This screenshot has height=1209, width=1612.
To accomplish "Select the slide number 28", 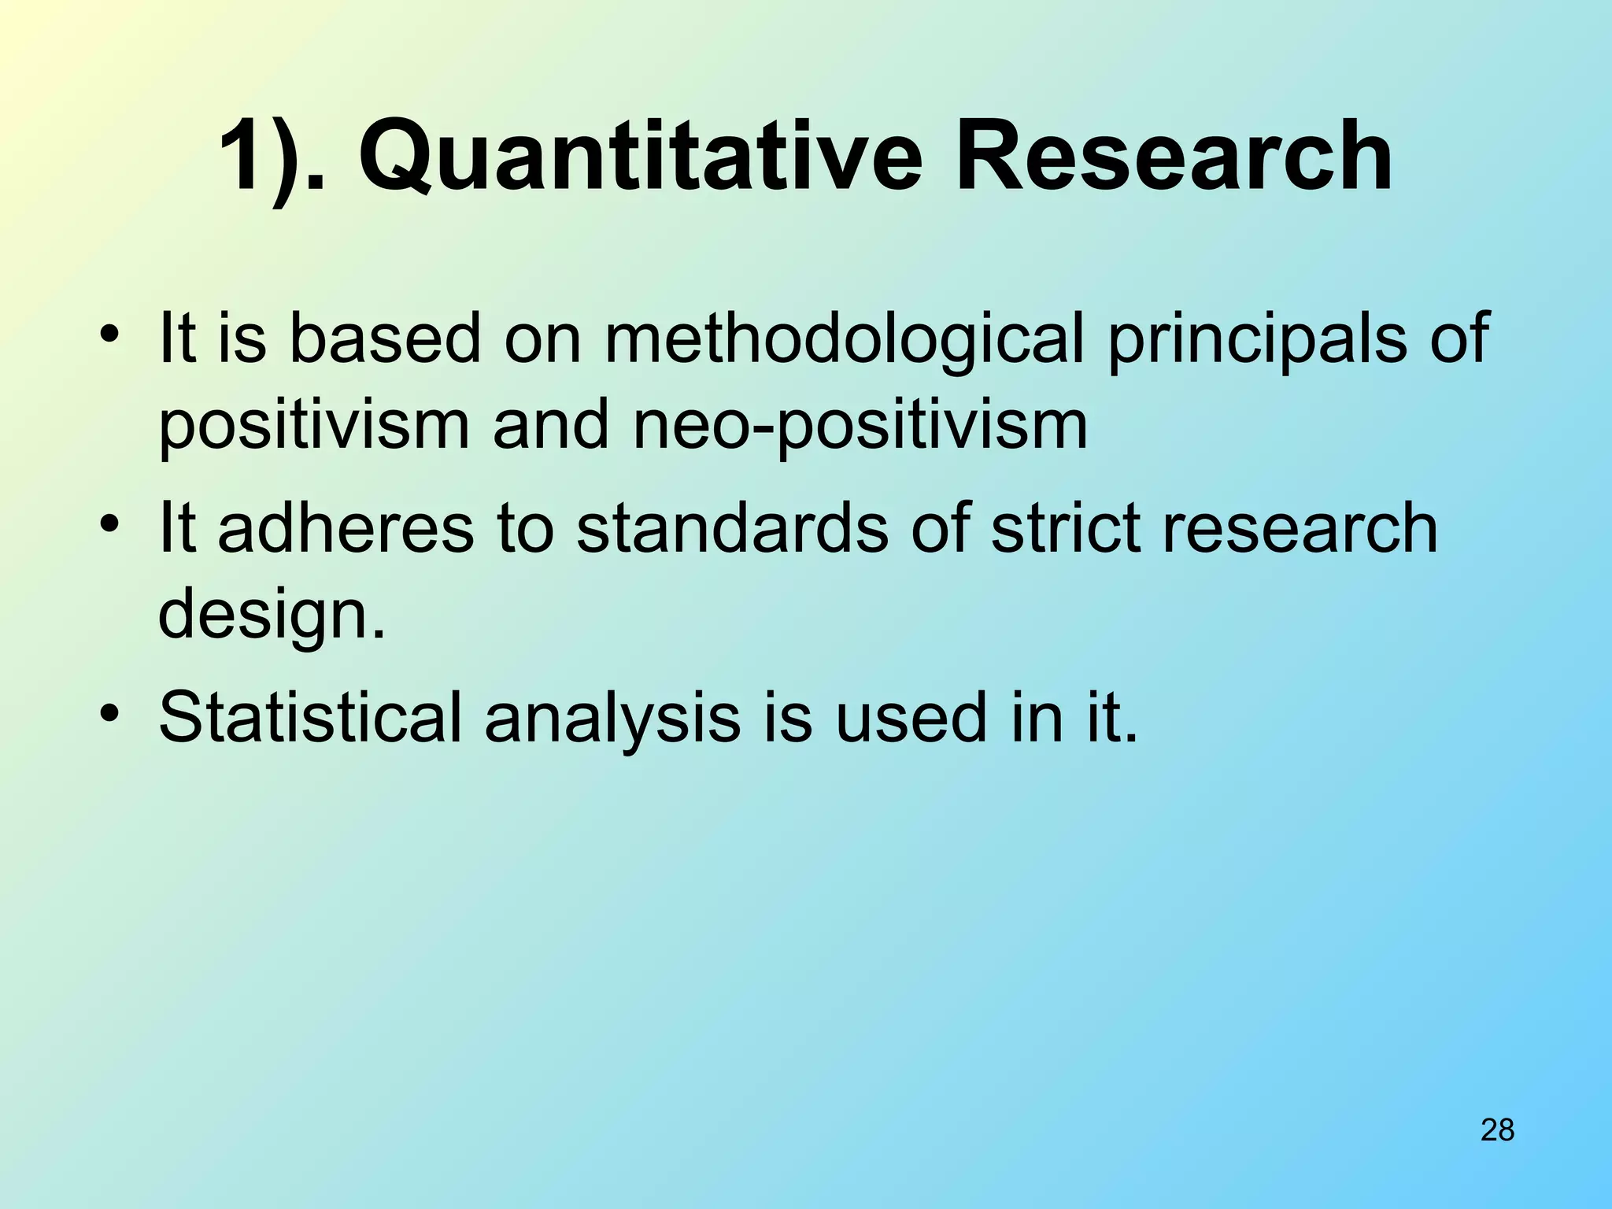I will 1497,1130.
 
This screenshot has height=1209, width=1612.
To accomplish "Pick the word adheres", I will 346,528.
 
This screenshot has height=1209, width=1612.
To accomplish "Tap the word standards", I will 732,528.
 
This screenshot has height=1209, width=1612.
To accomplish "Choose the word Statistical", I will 310,717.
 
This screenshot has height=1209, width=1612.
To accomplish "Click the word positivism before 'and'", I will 314,426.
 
